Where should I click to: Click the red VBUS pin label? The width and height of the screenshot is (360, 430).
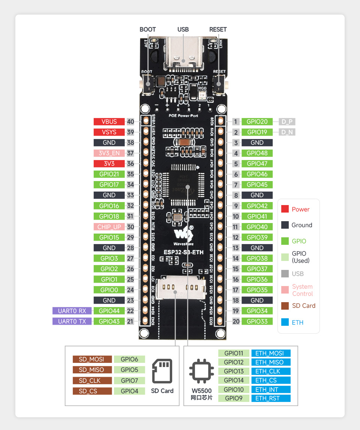109,121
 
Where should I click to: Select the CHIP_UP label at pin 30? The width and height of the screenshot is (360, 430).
109,227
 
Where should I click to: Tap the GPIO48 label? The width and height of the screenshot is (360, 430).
257,153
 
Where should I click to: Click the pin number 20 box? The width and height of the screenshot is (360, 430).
235,321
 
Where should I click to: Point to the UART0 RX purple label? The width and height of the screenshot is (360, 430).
72,311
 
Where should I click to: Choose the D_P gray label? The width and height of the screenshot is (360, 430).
287,121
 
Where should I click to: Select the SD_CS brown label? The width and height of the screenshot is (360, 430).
92,391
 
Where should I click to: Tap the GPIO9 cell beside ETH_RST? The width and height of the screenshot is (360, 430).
234,398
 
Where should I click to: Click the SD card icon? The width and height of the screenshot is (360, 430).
162,371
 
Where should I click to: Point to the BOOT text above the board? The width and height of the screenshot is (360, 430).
147,29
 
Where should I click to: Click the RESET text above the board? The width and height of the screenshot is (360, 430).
218,29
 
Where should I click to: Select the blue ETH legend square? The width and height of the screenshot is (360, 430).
285,322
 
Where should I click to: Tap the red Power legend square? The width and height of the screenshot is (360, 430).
285,209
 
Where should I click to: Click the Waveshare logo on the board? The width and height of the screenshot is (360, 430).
183,235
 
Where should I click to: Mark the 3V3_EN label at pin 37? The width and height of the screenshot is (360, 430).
109,153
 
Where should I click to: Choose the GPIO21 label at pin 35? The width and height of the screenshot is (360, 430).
109,174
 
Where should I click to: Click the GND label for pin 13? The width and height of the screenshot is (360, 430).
257,248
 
